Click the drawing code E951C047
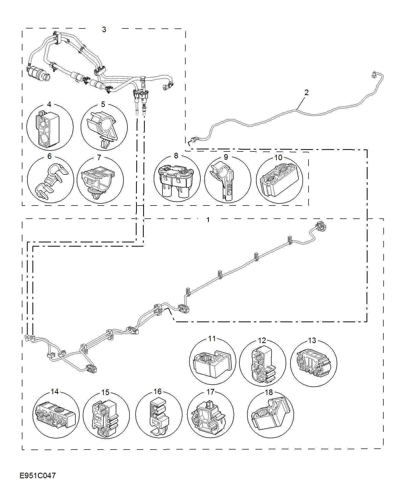[x=38, y=475]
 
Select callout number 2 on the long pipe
[x=306, y=92]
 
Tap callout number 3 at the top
[x=104, y=30]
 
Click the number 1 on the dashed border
[x=208, y=219]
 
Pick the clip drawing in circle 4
[x=48, y=129]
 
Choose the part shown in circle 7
[x=98, y=180]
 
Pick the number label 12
[x=262, y=340]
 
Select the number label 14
[x=55, y=392]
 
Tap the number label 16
[x=157, y=392]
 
